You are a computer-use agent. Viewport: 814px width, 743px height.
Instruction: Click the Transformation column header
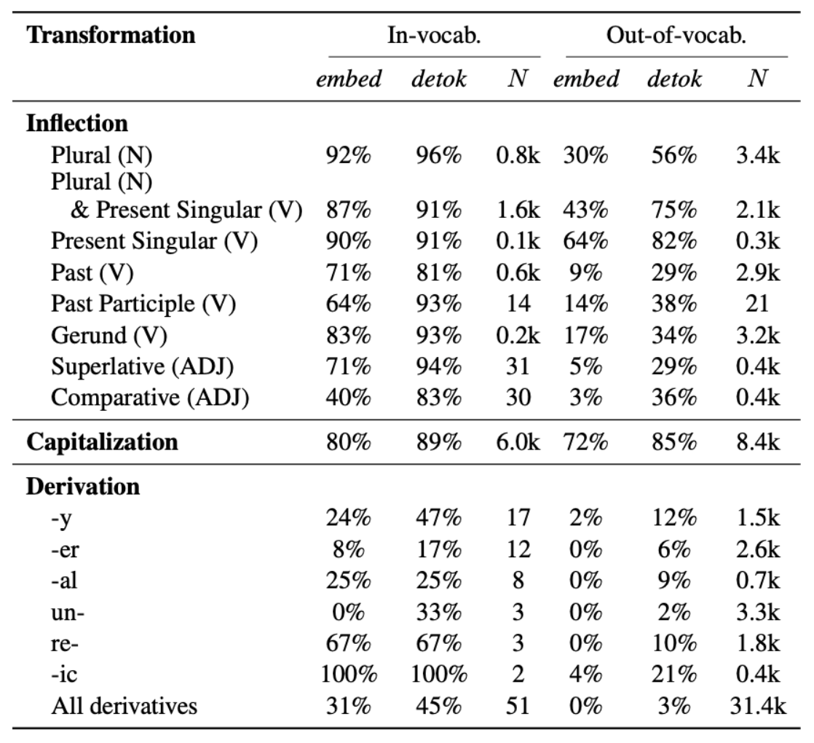[111, 36]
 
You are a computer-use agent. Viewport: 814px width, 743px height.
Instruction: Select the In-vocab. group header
[434, 36]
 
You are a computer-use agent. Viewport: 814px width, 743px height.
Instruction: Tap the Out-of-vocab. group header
[677, 36]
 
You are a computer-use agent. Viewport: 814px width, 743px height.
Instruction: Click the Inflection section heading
[77, 124]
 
